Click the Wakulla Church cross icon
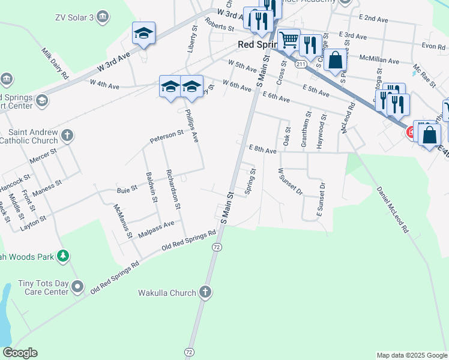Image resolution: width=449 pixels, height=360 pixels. (205, 293)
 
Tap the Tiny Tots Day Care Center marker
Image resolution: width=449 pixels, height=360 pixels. (77, 287)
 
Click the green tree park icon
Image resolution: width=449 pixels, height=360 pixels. (62, 257)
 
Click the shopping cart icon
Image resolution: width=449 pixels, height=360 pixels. (289, 40)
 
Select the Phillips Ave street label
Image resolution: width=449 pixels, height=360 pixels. (191, 125)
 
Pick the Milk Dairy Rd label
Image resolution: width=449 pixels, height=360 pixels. (56, 64)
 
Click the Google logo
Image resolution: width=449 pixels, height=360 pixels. (20, 353)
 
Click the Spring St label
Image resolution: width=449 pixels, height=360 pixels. (251, 181)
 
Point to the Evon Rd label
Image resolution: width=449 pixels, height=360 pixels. (433, 46)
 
